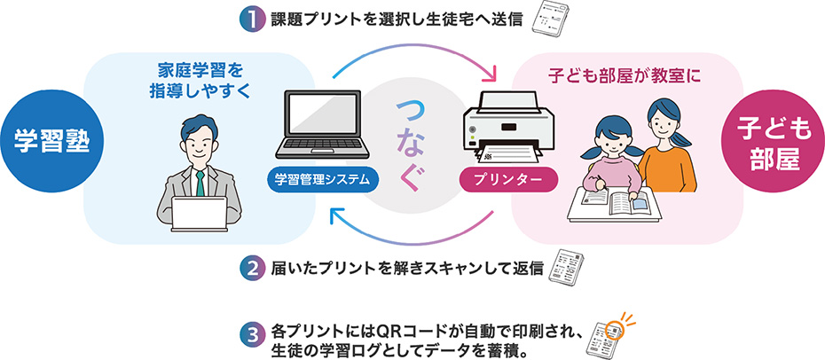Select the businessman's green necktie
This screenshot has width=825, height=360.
pyautogui.click(x=201, y=183)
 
